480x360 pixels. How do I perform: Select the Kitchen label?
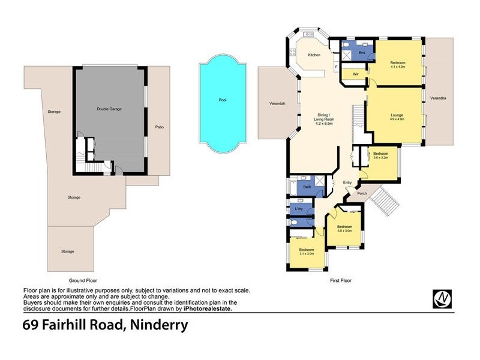click(x=314, y=55)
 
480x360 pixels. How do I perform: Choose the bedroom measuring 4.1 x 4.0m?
click(x=398, y=65)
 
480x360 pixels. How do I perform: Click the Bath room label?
click(x=306, y=187)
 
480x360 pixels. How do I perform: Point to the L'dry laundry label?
click(x=299, y=208)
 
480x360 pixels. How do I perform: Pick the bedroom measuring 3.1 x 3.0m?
click(x=307, y=251)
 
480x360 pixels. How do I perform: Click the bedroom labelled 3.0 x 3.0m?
click(x=344, y=229)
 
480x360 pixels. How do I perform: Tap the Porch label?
click(x=362, y=193)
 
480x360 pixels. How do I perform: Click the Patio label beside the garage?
click(x=160, y=127)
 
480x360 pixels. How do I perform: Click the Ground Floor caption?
click(x=83, y=280)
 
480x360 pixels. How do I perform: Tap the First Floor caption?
click(x=340, y=280)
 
